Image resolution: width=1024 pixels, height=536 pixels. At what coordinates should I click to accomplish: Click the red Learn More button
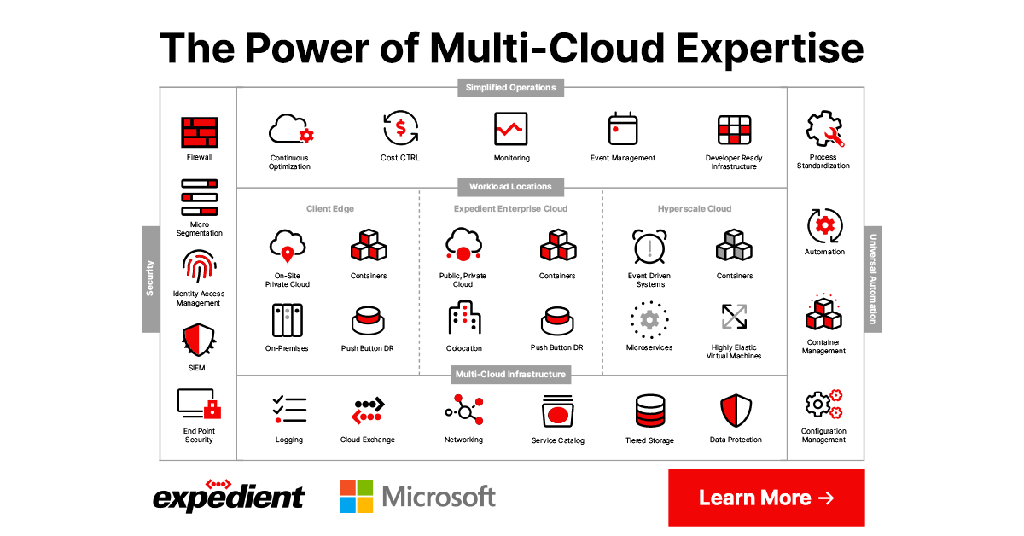click(765, 498)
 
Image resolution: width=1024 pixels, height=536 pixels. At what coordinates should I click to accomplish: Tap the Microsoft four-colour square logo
click(356, 496)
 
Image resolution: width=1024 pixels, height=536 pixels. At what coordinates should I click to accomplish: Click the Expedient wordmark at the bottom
click(228, 496)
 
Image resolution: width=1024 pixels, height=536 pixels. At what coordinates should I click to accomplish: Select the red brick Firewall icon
click(199, 132)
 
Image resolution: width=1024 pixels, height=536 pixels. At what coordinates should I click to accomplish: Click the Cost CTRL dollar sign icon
click(399, 129)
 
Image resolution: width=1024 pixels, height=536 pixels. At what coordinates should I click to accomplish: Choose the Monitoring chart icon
click(511, 129)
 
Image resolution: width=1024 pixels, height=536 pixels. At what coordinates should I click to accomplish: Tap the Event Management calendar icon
click(623, 129)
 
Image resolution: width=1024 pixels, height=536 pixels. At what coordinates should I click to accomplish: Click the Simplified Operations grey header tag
click(510, 87)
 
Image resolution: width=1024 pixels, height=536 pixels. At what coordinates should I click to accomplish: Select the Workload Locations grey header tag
click(510, 186)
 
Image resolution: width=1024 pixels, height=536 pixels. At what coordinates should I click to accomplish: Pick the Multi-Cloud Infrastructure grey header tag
click(510, 374)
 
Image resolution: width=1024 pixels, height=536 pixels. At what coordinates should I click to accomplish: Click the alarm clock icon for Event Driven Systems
click(649, 248)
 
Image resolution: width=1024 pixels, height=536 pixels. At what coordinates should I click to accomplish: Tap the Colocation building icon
click(464, 319)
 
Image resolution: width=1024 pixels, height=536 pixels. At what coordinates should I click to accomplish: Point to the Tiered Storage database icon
click(649, 411)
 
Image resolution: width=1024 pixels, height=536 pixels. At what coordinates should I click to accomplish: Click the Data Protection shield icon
click(735, 411)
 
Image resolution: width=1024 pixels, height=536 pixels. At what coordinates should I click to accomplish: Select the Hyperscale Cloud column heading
click(694, 208)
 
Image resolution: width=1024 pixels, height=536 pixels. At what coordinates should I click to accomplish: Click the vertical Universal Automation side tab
click(873, 279)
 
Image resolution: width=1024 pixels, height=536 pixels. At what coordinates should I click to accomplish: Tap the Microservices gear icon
click(649, 320)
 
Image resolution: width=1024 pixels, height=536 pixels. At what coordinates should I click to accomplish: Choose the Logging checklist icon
click(289, 410)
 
